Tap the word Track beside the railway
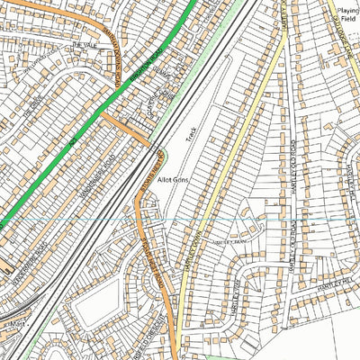pos(190,136)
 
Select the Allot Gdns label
pos(172,180)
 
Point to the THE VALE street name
pos(83,44)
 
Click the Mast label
pos(12,321)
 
